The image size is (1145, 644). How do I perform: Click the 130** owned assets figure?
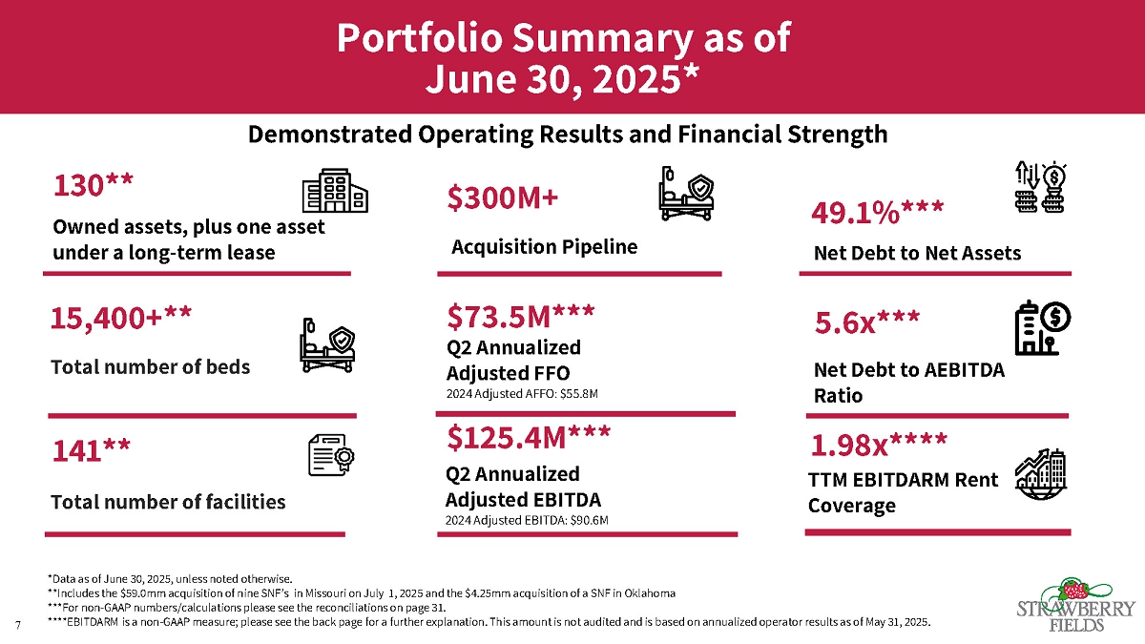pyautogui.click(x=93, y=186)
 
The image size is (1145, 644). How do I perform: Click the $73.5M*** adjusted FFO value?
pyautogui.click(x=521, y=314)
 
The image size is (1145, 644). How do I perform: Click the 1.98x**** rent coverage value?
pyautogui.click(x=879, y=446)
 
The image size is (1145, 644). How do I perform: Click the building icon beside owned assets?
pyautogui.click(x=334, y=191)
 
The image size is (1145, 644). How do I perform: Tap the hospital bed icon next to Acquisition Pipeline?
pyautogui.click(x=686, y=195)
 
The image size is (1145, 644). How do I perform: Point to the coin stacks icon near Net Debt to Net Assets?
pyautogui.click(x=1040, y=187)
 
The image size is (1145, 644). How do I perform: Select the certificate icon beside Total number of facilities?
pyautogui.click(x=331, y=454)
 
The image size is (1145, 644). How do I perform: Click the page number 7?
pyautogui.click(x=18, y=624)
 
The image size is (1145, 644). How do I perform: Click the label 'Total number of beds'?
pyautogui.click(x=150, y=367)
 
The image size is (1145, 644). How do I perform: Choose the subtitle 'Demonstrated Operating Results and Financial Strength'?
pyautogui.click(x=568, y=135)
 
